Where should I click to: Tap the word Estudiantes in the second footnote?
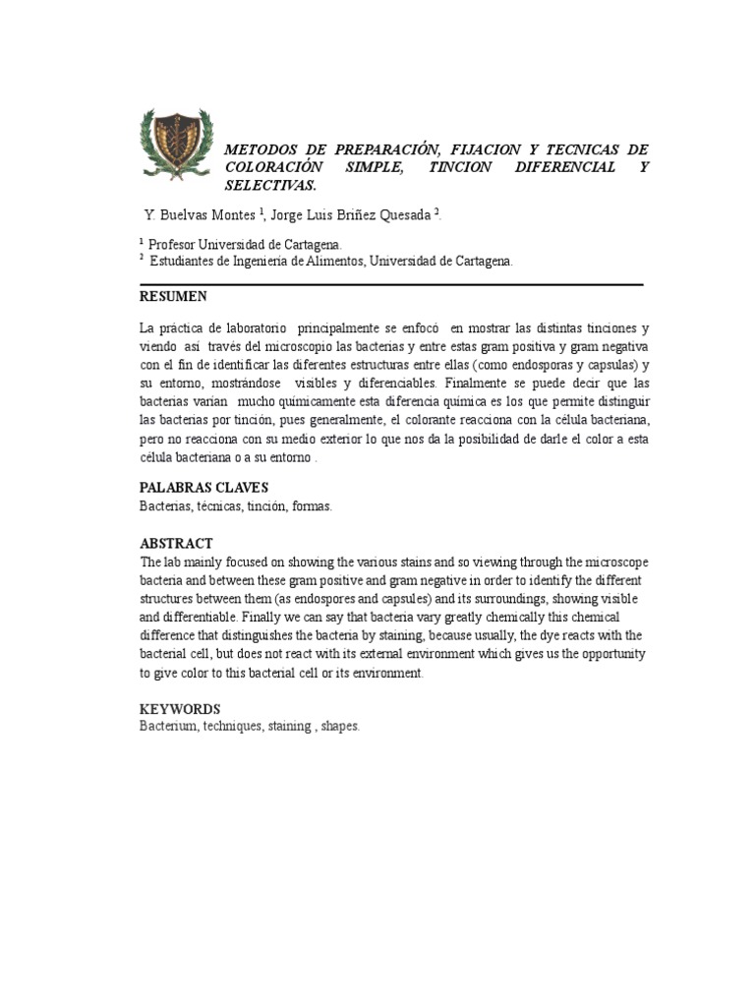pyautogui.click(x=185, y=261)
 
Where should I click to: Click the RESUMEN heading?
pyautogui.click(x=173, y=296)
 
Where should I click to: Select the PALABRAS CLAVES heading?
pyautogui.click(x=203, y=488)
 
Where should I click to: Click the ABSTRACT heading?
pyautogui.click(x=176, y=543)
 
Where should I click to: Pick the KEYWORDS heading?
pyautogui.click(x=180, y=709)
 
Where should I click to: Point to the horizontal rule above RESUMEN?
pyautogui.click(x=391, y=284)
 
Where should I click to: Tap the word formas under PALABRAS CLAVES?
pyautogui.click(x=313, y=505)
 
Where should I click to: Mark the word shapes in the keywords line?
pyautogui.click(x=339, y=727)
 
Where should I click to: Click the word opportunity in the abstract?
pyautogui.click(x=611, y=654)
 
